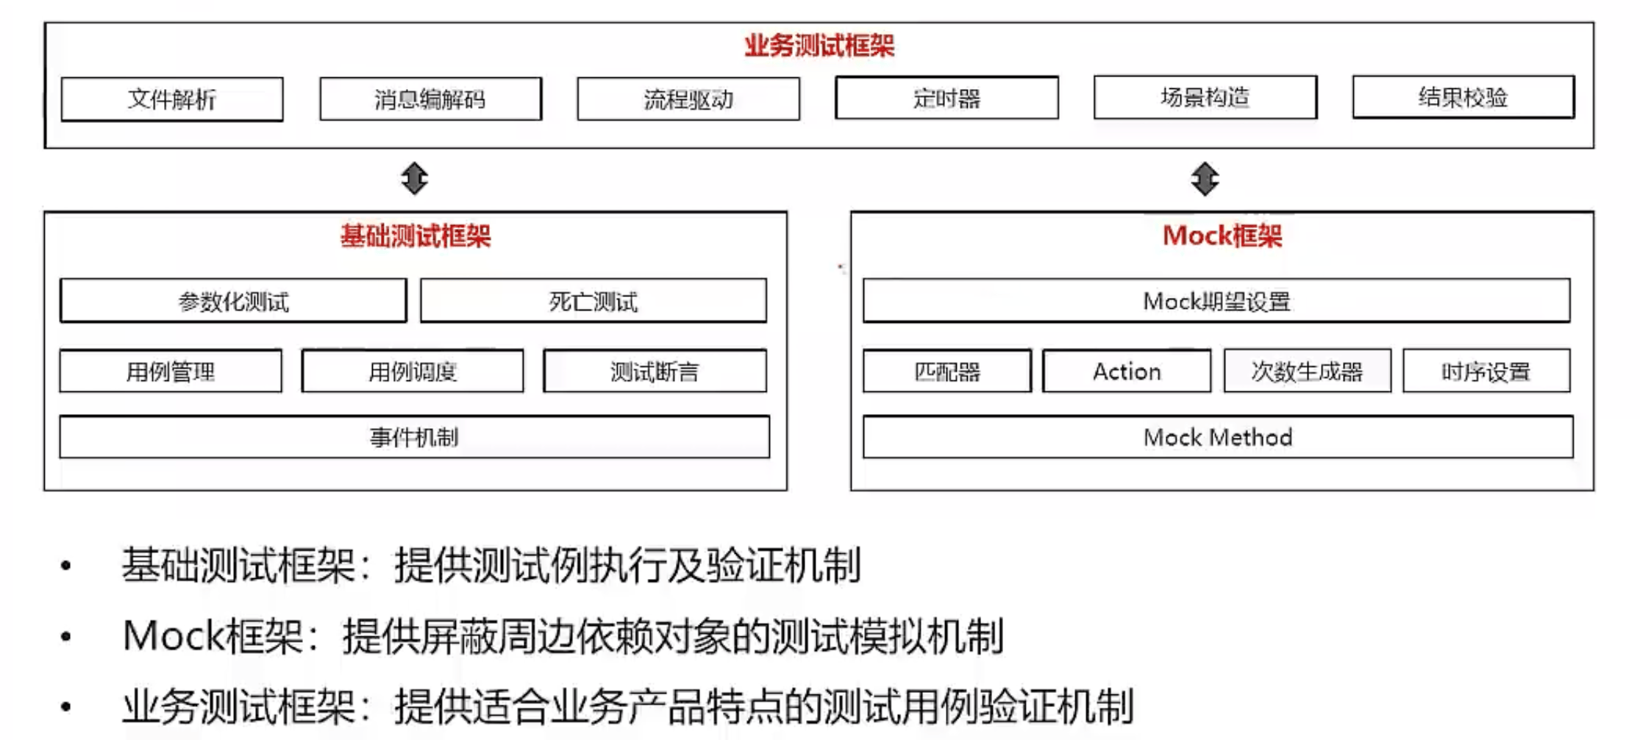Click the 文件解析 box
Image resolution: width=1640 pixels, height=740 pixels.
tap(172, 99)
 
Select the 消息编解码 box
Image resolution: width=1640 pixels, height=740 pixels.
tap(430, 99)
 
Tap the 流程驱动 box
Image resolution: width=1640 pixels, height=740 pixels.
tap(688, 99)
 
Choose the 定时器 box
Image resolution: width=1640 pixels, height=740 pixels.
tap(946, 97)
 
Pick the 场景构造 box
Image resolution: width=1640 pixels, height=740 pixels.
tap(1205, 97)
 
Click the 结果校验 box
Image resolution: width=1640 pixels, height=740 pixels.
tap(1463, 96)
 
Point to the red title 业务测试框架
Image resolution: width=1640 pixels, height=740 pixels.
tap(819, 46)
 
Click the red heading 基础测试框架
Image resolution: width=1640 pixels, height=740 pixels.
tap(416, 236)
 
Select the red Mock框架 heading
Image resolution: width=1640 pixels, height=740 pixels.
tap(1222, 236)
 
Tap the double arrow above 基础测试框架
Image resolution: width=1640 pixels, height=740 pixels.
tap(415, 179)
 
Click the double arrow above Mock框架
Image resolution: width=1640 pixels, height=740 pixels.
tap(1205, 179)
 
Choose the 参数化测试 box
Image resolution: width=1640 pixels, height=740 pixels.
tap(233, 301)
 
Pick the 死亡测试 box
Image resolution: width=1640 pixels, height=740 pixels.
tap(593, 301)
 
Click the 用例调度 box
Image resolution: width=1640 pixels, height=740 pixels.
tap(413, 371)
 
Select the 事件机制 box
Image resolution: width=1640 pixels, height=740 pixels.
tap(415, 437)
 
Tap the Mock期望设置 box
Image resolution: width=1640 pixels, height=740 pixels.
tap(1216, 301)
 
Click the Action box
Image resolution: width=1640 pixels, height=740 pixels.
tap(1127, 371)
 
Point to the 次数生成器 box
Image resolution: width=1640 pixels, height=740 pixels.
tap(1307, 371)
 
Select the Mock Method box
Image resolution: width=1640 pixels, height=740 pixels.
tap(1218, 437)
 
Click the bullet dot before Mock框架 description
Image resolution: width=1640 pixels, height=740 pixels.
tap(66, 637)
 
